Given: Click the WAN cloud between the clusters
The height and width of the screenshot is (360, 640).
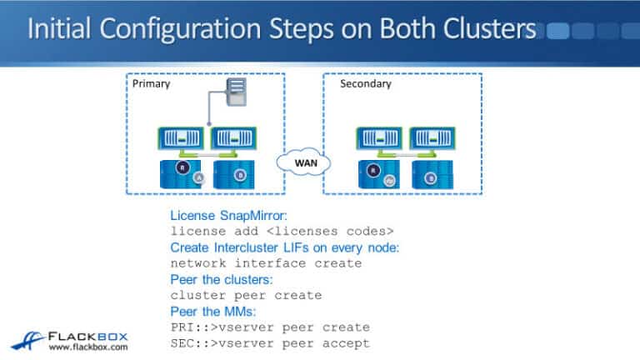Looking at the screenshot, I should coord(304,161).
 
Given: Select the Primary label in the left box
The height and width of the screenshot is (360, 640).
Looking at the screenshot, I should coord(151,84).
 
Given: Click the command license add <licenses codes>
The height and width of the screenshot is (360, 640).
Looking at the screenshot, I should coord(282,230).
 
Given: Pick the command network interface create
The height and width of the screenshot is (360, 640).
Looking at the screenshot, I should coord(266,263).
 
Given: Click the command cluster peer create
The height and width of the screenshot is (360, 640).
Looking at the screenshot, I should coord(246,295).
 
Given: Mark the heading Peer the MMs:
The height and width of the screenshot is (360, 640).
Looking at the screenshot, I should coord(213,311).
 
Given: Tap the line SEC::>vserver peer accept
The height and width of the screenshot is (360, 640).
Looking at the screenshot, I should coord(270,343).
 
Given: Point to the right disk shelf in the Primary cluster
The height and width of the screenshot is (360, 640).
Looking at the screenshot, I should coord(239,176).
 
